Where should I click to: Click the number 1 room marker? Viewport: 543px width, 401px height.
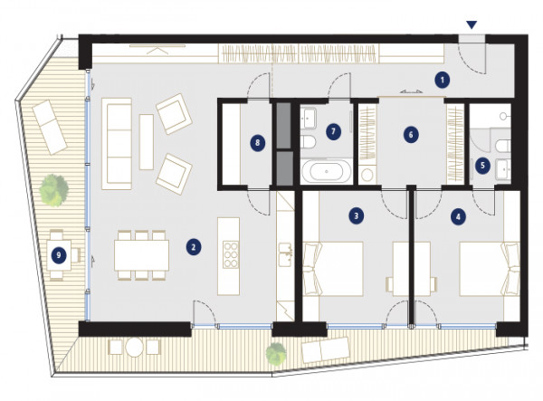click(442, 81)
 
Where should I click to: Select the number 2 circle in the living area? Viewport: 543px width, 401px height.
click(194, 247)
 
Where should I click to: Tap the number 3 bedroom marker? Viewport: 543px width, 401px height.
click(356, 216)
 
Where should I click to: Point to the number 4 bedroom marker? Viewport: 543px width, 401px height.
click(458, 217)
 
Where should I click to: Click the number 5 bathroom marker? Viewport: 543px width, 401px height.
click(482, 166)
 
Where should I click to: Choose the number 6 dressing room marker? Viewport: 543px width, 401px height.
click(411, 135)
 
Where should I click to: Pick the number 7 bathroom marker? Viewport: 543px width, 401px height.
click(333, 131)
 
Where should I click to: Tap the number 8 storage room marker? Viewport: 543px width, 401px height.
click(257, 143)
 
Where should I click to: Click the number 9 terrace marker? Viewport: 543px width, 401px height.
click(59, 255)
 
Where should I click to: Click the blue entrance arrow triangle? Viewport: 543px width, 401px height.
click(472, 24)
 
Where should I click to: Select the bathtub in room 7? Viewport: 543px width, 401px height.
click(327, 171)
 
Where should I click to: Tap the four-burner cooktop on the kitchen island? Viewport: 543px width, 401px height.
click(231, 254)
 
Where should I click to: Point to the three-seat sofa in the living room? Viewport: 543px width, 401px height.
click(117, 144)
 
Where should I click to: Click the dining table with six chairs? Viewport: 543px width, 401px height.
click(142, 255)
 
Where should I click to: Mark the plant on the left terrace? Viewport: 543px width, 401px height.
click(53, 190)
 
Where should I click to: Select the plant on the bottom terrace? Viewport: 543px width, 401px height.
click(276, 354)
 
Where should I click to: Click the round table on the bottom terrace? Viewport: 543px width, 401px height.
click(134, 347)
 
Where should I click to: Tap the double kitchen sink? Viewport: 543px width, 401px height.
click(286, 254)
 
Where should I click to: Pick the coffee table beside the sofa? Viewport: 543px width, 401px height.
click(147, 142)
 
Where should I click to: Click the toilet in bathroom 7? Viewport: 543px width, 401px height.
click(308, 142)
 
